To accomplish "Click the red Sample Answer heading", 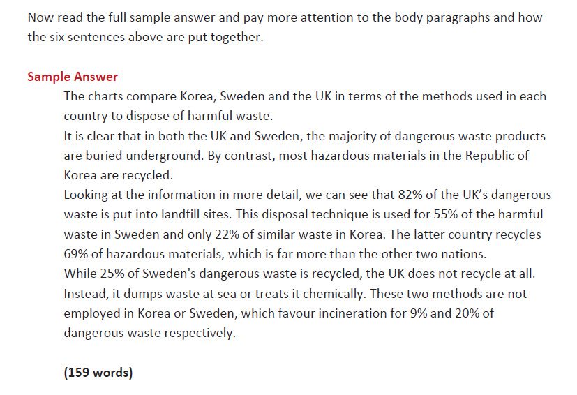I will tap(73, 77).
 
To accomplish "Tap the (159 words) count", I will tap(98, 372).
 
